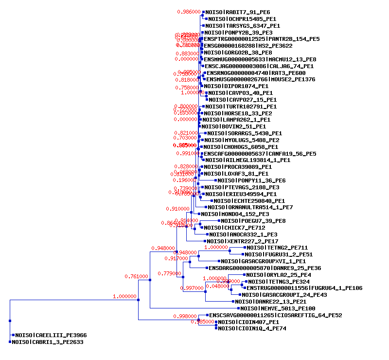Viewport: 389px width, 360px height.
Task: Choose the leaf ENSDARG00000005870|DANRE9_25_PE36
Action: pos(265,268)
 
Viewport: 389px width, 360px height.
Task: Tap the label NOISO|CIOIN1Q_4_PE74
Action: pos(252,329)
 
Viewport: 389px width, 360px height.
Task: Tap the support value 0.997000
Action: pos(192,288)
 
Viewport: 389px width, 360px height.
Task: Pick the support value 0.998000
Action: pos(185,316)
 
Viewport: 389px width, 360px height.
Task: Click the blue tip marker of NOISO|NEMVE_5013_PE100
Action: pos(238,308)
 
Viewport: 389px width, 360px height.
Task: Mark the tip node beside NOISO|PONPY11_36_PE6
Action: pos(215,180)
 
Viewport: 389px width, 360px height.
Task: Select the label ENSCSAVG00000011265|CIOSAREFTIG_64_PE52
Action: pos(275,315)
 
